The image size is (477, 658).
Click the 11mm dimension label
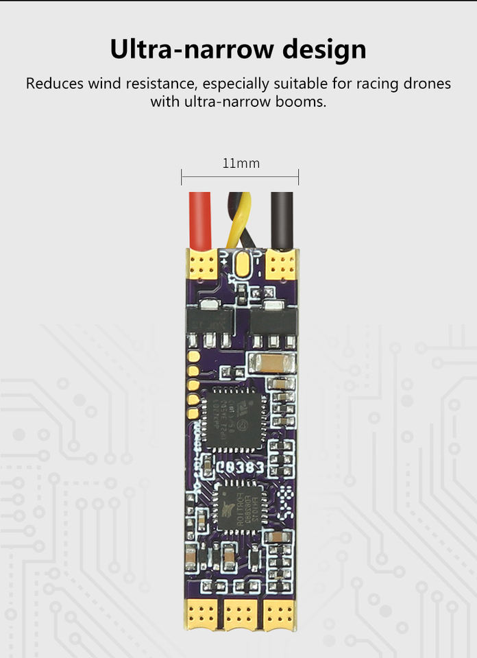click(x=241, y=164)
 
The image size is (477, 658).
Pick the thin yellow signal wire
click(x=242, y=216)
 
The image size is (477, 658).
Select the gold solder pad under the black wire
click(x=281, y=264)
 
